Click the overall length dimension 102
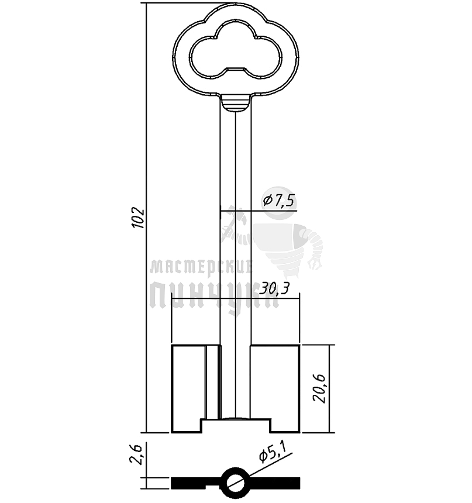pos(138,218)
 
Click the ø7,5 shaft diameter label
pos(278,201)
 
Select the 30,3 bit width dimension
pos(275,289)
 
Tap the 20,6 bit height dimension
pos(320,388)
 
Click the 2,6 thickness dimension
pos(136,454)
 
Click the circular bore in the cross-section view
pos(236,483)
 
